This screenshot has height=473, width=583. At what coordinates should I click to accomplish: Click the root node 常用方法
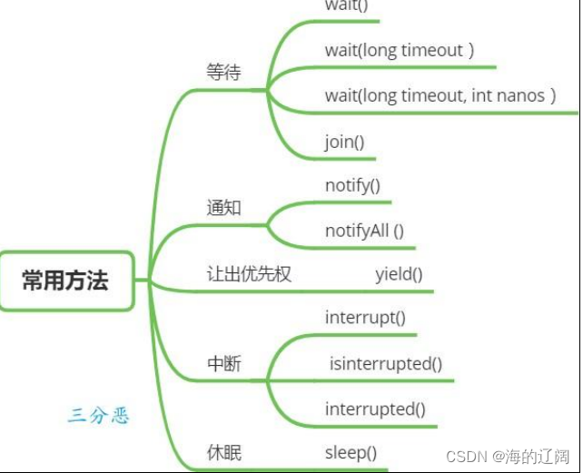[65, 281]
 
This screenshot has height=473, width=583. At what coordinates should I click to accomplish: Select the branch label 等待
[224, 73]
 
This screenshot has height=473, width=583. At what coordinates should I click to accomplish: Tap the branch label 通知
[224, 208]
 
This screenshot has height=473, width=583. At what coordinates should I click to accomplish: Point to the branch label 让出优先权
[250, 273]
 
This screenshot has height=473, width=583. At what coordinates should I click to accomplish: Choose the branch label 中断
[224, 365]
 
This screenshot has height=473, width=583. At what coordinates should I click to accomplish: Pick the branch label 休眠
[224, 452]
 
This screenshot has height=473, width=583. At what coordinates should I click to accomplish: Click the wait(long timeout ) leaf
[400, 50]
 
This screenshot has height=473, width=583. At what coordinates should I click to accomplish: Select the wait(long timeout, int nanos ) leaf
[440, 95]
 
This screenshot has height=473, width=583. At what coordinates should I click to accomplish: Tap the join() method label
[344, 142]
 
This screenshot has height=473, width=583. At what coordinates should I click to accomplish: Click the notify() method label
[352, 186]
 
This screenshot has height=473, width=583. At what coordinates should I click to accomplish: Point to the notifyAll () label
[364, 231]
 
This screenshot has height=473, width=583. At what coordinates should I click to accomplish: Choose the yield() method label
[400, 273]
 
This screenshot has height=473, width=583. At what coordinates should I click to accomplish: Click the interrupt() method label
[365, 318]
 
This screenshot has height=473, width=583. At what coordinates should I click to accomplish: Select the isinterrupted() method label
[386, 364]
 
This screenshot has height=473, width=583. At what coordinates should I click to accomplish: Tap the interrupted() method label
[375, 409]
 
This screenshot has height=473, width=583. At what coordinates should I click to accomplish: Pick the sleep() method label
[351, 452]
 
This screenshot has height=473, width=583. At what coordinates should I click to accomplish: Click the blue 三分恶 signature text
[99, 417]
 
